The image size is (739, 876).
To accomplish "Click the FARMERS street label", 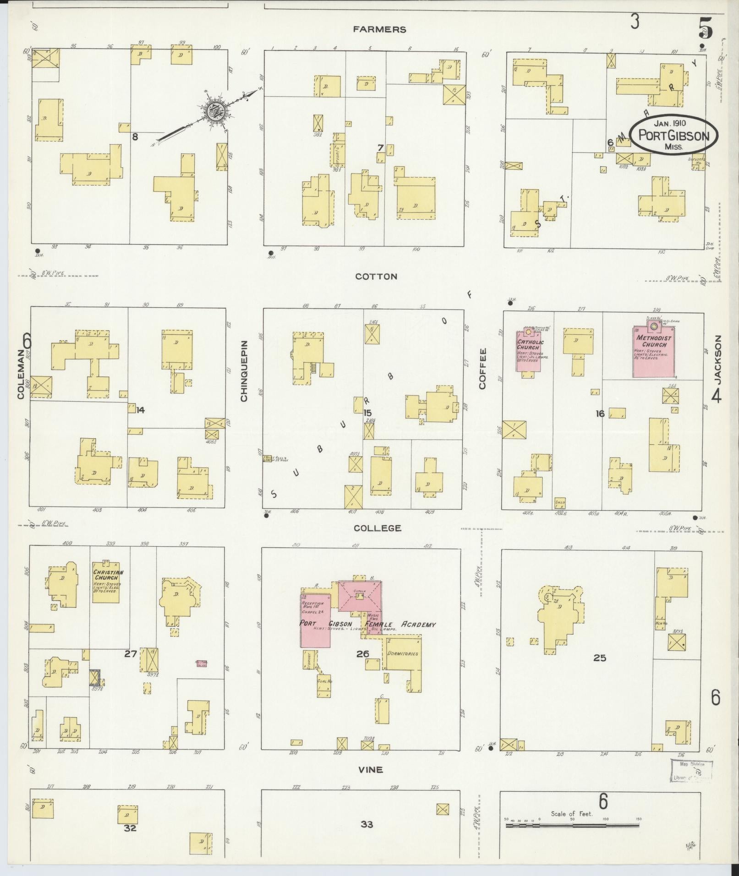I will (379, 30).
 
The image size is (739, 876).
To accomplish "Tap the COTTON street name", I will (376, 277).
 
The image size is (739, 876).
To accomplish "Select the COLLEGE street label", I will (378, 528).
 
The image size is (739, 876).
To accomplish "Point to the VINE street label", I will (371, 770).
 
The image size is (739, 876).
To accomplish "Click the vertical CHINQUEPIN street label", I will (244, 371).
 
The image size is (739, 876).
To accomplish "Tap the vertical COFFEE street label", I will (482, 369).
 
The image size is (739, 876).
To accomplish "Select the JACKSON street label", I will (717, 359).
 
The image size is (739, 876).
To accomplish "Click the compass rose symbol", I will (213, 110).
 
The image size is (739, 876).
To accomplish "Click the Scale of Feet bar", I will (572, 826).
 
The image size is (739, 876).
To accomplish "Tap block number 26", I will (362, 653).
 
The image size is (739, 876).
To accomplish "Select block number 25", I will (599, 658).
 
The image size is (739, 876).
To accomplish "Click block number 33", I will (367, 824).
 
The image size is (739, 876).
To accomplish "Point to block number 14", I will (140, 410).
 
